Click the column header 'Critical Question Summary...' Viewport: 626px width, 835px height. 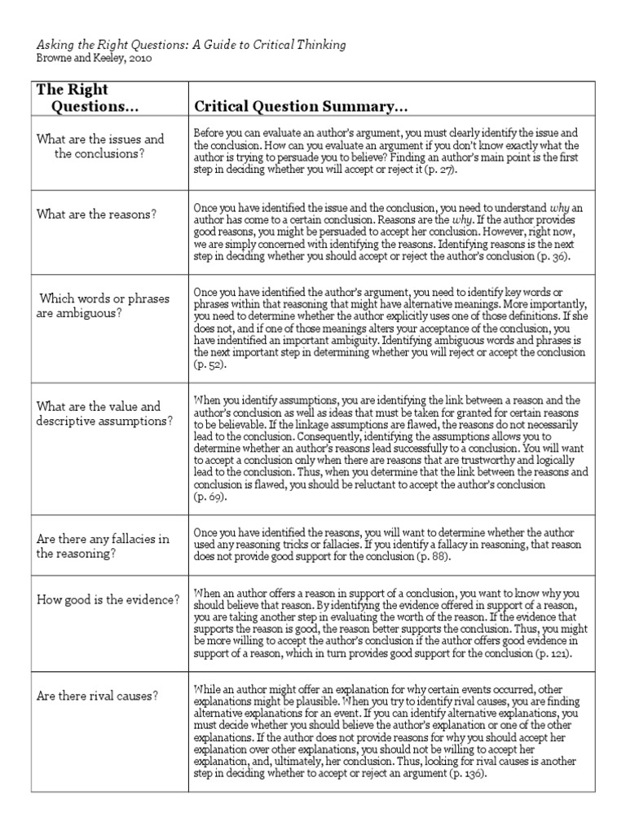point(300,108)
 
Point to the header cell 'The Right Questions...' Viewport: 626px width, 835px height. point(83,99)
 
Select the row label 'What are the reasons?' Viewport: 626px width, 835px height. point(96,214)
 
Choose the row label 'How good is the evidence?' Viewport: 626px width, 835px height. point(108,600)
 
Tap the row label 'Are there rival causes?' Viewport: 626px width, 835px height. point(97,696)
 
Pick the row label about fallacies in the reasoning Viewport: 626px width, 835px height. point(103,546)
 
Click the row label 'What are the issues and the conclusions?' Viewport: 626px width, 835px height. point(99,146)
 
